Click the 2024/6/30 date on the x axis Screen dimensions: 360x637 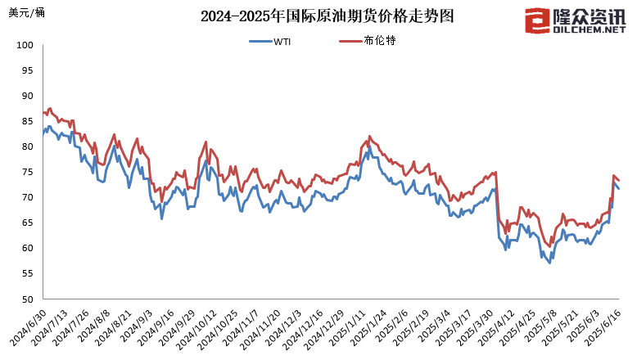pyautogui.click(x=27, y=327)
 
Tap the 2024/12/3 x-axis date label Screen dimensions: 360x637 pyautogui.click(x=285, y=327)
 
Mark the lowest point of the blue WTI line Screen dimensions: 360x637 pyautogui.click(x=549, y=263)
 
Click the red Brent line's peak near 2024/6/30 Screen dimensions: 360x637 pyautogui.click(x=50, y=108)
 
